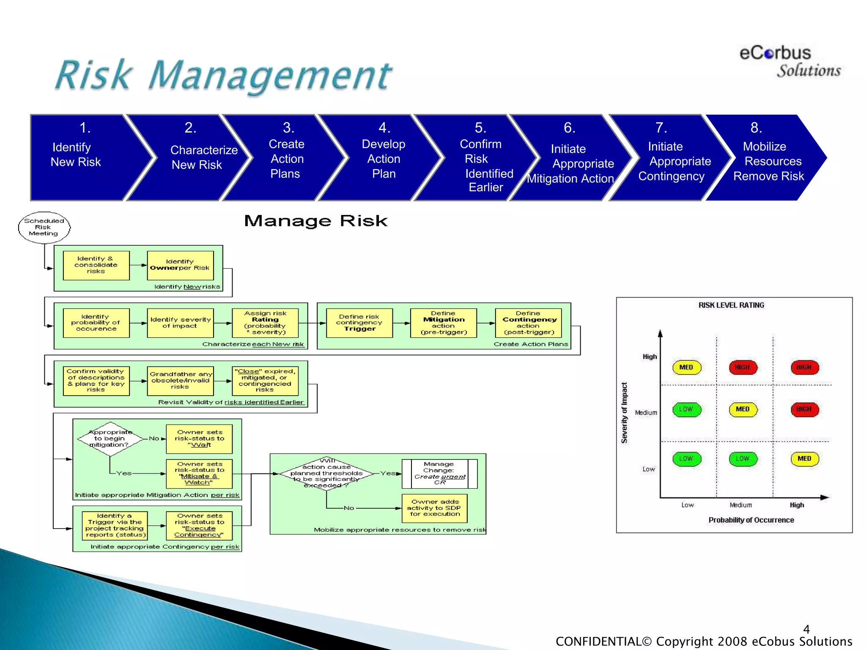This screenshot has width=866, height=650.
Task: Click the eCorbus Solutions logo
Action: [789, 62]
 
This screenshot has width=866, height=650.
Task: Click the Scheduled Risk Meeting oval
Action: [44, 227]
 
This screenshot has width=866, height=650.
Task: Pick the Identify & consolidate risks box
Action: [96, 265]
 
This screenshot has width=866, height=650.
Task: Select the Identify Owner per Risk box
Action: [180, 265]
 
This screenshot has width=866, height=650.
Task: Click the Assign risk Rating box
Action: [265, 323]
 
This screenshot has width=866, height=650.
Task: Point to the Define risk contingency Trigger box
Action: [359, 323]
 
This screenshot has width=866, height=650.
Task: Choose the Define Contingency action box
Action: [528, 323]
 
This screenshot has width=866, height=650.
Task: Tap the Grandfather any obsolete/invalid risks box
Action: [180, 381]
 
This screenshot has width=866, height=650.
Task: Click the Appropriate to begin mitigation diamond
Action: [110, 439]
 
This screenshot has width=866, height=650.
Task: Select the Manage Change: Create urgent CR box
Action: [439, 474]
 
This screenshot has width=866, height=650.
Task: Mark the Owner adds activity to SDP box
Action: [434, 508]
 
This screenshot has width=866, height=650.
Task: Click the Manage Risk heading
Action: [315, 221]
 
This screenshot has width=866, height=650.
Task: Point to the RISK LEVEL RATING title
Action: [731, 305]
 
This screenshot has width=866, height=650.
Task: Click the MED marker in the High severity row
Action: [686, 367]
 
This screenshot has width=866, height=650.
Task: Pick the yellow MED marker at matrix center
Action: [743, 409]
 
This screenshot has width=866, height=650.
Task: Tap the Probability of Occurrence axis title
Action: [751, 520]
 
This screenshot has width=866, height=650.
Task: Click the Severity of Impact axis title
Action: [624, 413]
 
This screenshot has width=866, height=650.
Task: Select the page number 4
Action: [806, 629]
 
